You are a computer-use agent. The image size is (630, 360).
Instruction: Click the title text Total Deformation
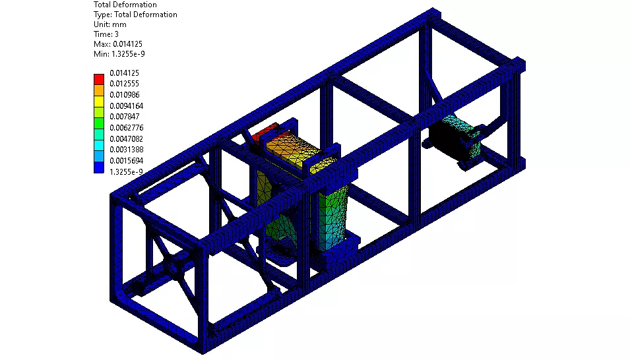click(x=125, y=5)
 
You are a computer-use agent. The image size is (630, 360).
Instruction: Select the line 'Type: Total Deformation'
click(x=135, y=15)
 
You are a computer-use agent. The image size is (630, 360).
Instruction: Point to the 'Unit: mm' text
click(x=110, y=24)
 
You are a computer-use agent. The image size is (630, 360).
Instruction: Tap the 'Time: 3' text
click(x=106, y=34)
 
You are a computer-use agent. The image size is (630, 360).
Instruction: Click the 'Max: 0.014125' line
click(x=118, y=44)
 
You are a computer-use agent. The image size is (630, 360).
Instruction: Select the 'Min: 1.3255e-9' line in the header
click(x=119, y=54)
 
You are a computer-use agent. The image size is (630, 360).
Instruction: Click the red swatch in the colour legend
click(x=99, y=79)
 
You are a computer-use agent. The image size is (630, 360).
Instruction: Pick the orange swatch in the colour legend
click(x=99, y=90)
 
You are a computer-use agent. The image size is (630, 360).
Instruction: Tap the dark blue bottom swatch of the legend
click(x=99, y=167)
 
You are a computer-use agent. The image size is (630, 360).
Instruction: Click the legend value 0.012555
click(x=125, y=84)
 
